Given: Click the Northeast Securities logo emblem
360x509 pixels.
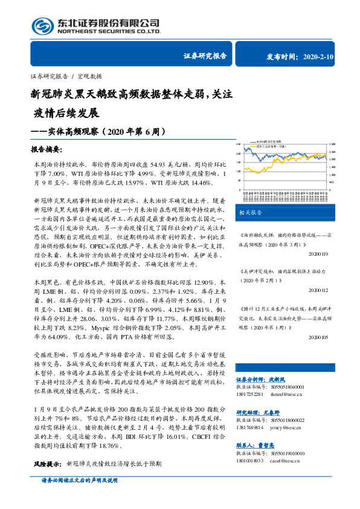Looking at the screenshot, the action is [42, 26].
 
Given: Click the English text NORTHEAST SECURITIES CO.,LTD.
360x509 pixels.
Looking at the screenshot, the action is [109, 31].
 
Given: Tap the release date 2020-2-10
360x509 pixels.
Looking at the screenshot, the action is [326, 57].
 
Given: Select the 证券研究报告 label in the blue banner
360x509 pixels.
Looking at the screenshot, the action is [205, 57].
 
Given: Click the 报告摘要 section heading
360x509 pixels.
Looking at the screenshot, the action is [50, 149].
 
